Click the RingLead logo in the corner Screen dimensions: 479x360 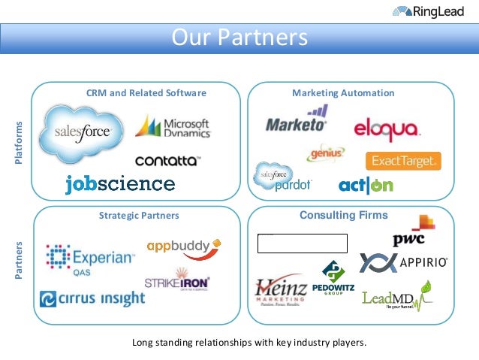tap(430, 11)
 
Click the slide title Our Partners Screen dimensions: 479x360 tap(239, 38)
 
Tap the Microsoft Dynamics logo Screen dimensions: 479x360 tap(173, 127)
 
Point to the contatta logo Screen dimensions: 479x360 tap(167, 160)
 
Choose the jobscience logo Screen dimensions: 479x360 tap(120, 184)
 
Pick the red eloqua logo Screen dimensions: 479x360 tap(386, 129)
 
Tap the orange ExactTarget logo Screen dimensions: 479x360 tap(402, 161)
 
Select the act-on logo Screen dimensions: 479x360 tap(365, 185)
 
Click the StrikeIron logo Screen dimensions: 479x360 tap(177, 281)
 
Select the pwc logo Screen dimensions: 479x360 tap(412, 232)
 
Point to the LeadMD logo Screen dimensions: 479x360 tap(396, 298)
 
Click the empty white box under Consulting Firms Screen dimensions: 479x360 tap(303, 243)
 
